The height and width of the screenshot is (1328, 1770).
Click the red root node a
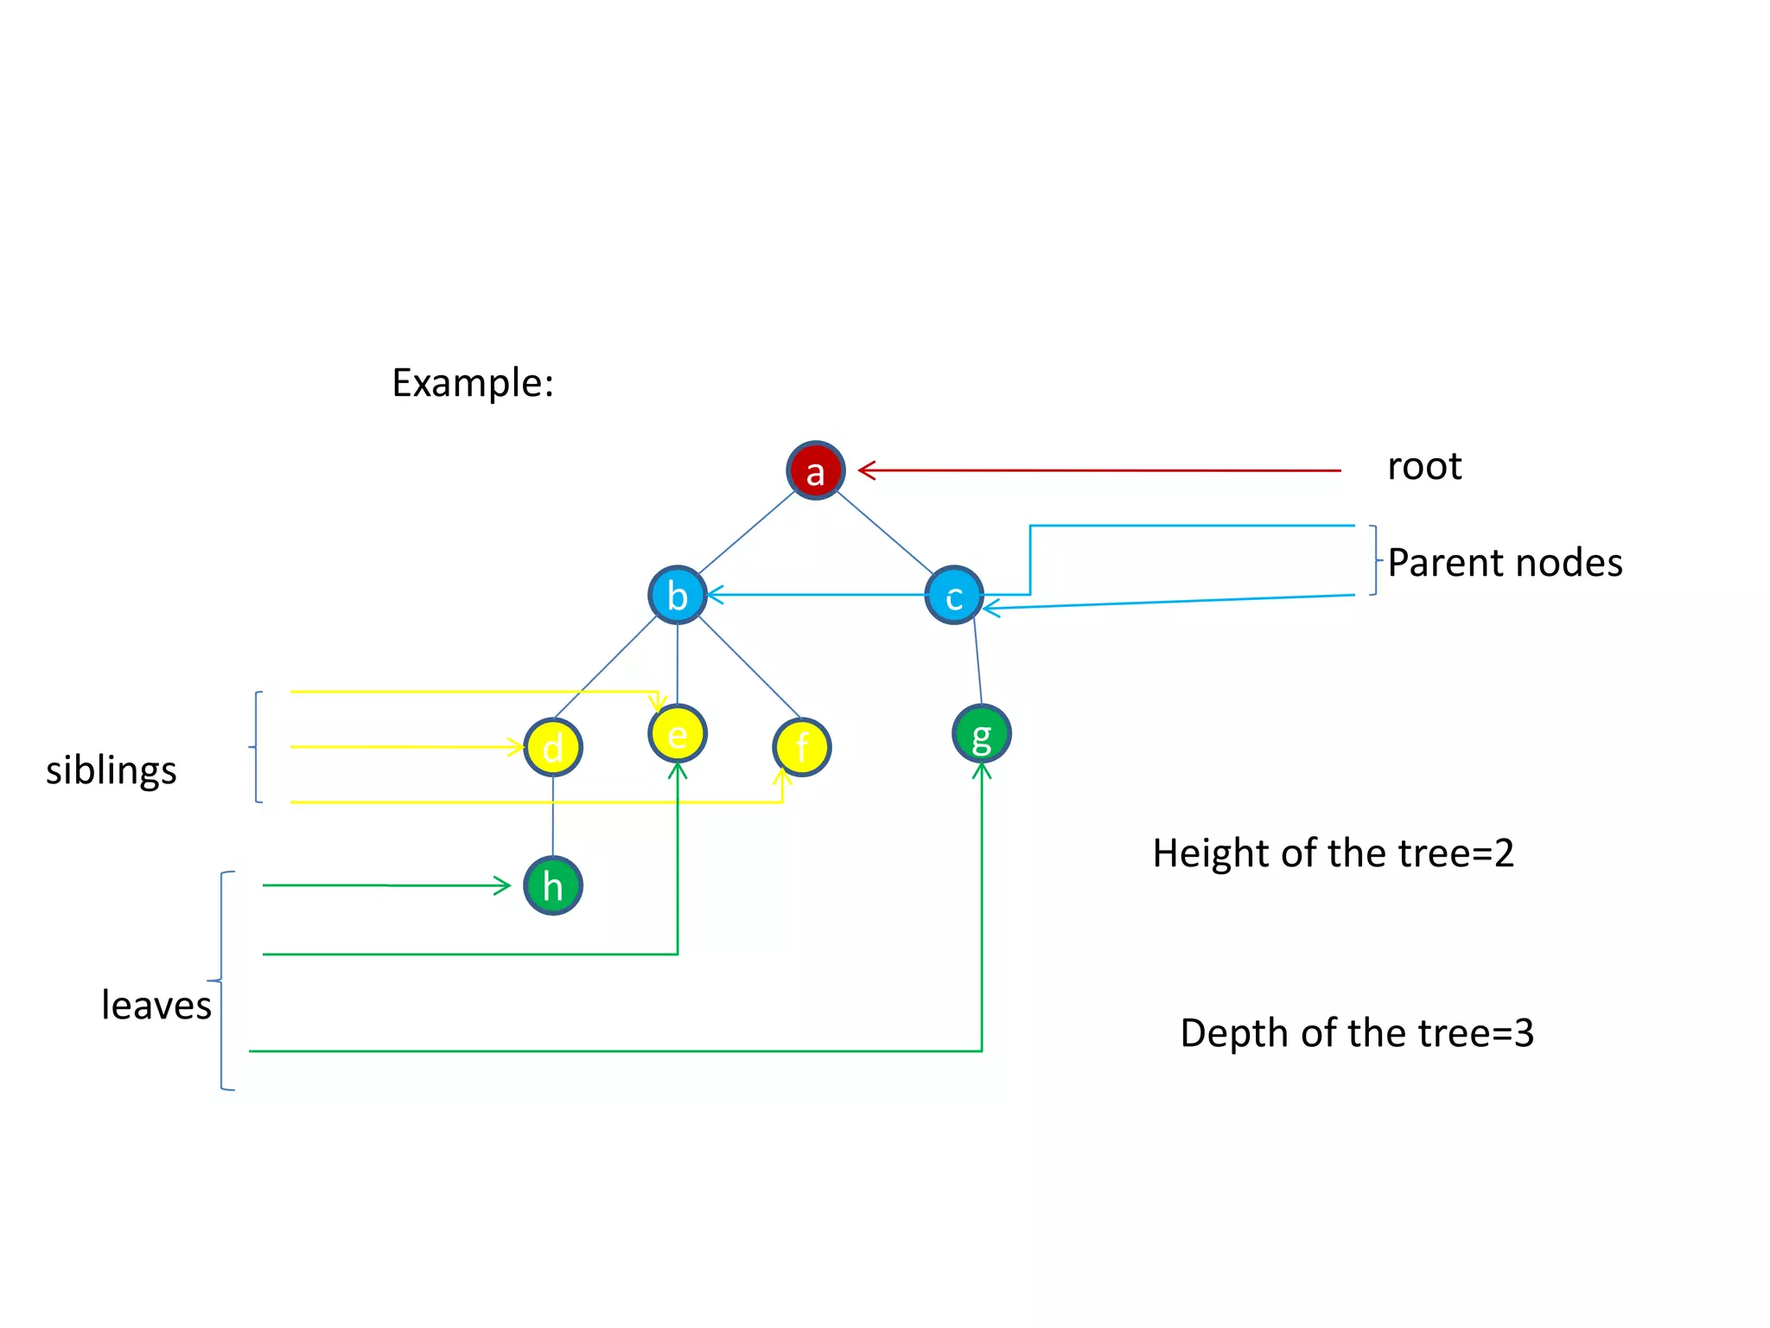point(815,470)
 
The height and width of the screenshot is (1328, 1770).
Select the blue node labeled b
point(678,595)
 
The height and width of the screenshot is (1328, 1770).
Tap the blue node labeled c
point(953,596)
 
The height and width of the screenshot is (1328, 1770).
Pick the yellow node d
point(553,747)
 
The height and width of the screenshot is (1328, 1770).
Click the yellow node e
point(678,733)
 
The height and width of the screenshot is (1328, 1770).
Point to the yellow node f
point(801,747)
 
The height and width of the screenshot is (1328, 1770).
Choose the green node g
point(981,734)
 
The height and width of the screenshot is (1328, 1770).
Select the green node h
point(553,885)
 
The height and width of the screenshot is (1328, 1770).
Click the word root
point(1423,467)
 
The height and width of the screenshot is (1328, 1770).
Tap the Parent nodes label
point(1505,563)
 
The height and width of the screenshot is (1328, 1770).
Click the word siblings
point(111,769)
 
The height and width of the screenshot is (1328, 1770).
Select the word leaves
point(156,1005)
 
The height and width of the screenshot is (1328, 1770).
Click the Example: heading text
point(473,383)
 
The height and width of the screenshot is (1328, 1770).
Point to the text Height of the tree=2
point(1333,853)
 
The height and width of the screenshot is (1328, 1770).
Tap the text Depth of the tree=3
point(1357,1033)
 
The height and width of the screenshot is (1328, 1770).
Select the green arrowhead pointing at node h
point(503,885)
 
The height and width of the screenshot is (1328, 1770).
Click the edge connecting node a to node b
point(746,533)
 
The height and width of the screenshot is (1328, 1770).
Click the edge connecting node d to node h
point(553,816)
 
